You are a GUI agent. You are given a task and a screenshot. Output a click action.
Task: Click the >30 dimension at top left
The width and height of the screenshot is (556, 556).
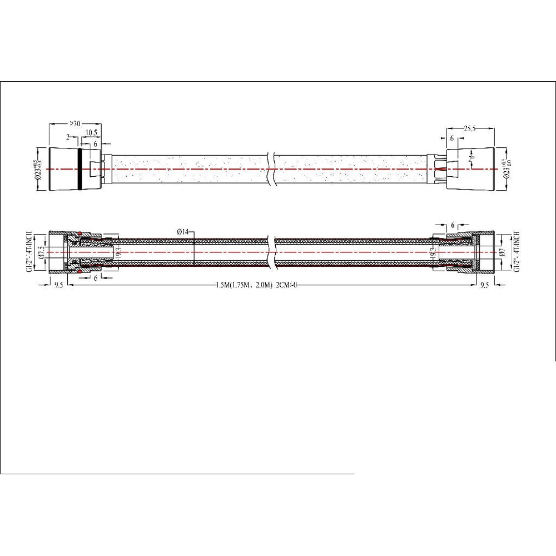tap(74, 123)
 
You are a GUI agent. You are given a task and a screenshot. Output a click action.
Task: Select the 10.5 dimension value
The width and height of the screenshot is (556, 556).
tap(92, 133)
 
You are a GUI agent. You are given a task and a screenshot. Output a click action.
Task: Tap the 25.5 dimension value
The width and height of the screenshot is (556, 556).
tap(470, 128)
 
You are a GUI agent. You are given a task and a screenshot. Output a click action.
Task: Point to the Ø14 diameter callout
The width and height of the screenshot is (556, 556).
tap(183, 231)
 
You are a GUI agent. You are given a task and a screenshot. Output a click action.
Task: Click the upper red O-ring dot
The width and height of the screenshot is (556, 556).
tap(80, 233)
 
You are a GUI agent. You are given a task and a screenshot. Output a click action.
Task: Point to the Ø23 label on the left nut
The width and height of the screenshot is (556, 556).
tap(39, 169)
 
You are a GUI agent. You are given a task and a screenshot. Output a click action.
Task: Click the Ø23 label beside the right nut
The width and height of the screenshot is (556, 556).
tap(507, 169)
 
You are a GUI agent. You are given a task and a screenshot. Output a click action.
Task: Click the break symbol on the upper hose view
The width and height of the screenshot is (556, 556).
tap(271, 169)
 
